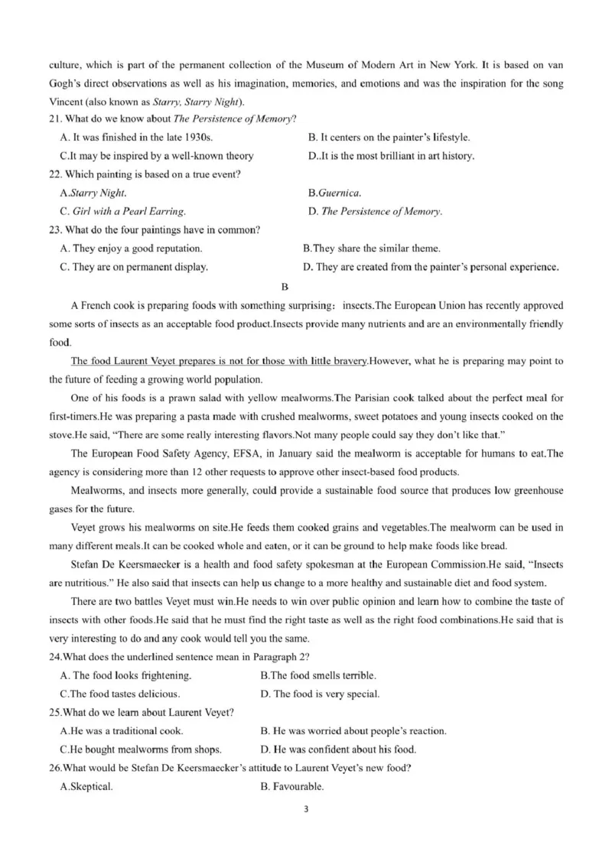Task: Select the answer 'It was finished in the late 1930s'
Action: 135,138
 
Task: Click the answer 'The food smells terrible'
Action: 318,675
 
